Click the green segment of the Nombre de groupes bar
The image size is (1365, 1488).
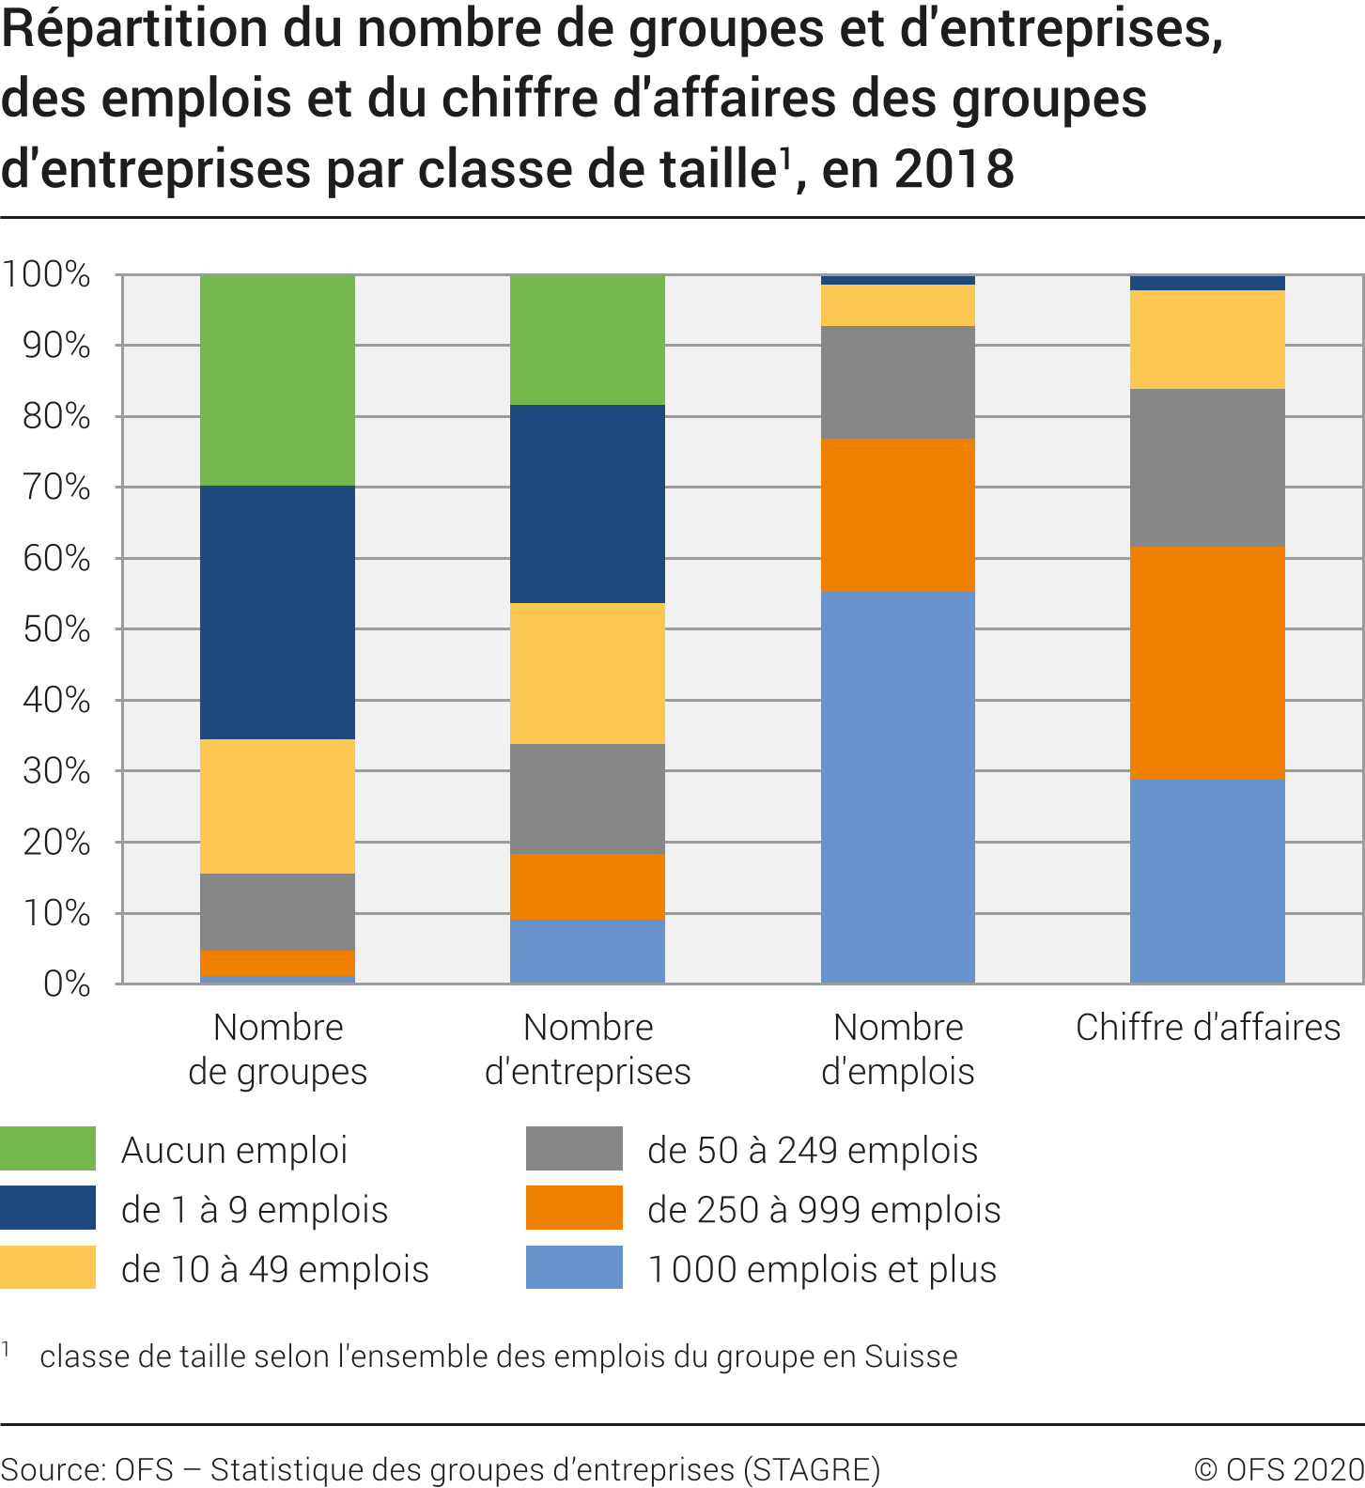coord(277,380)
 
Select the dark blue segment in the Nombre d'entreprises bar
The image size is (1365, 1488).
coord(587,504)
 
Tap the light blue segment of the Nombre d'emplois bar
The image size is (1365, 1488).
coord(897,786)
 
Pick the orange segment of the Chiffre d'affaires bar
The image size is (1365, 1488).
coord(1207,662)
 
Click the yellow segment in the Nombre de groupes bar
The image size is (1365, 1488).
coord(277,806)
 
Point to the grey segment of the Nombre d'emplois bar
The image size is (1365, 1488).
coord(897,382)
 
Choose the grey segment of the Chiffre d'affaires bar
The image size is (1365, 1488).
coord(1207,467)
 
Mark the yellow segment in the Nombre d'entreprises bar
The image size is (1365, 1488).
coord(587,673)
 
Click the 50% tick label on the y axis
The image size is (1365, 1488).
coord(57,629)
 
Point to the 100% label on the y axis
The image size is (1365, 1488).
coord(47,275)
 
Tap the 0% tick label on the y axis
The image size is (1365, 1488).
coord(67,984)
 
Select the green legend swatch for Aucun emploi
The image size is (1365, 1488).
coord(48,1148)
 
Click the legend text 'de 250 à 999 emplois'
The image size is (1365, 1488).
coord(824,1210)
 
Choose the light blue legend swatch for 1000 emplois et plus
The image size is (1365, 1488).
coord(574,1267)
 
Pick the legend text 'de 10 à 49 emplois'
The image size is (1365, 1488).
coord(275,1269)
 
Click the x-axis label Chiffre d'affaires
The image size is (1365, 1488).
coord(1207,1028)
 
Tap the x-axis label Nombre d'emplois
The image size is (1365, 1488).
coord(897,1049)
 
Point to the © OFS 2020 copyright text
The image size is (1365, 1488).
coord(1279,1469)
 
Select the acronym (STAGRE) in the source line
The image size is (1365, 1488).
coord(812,1469)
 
